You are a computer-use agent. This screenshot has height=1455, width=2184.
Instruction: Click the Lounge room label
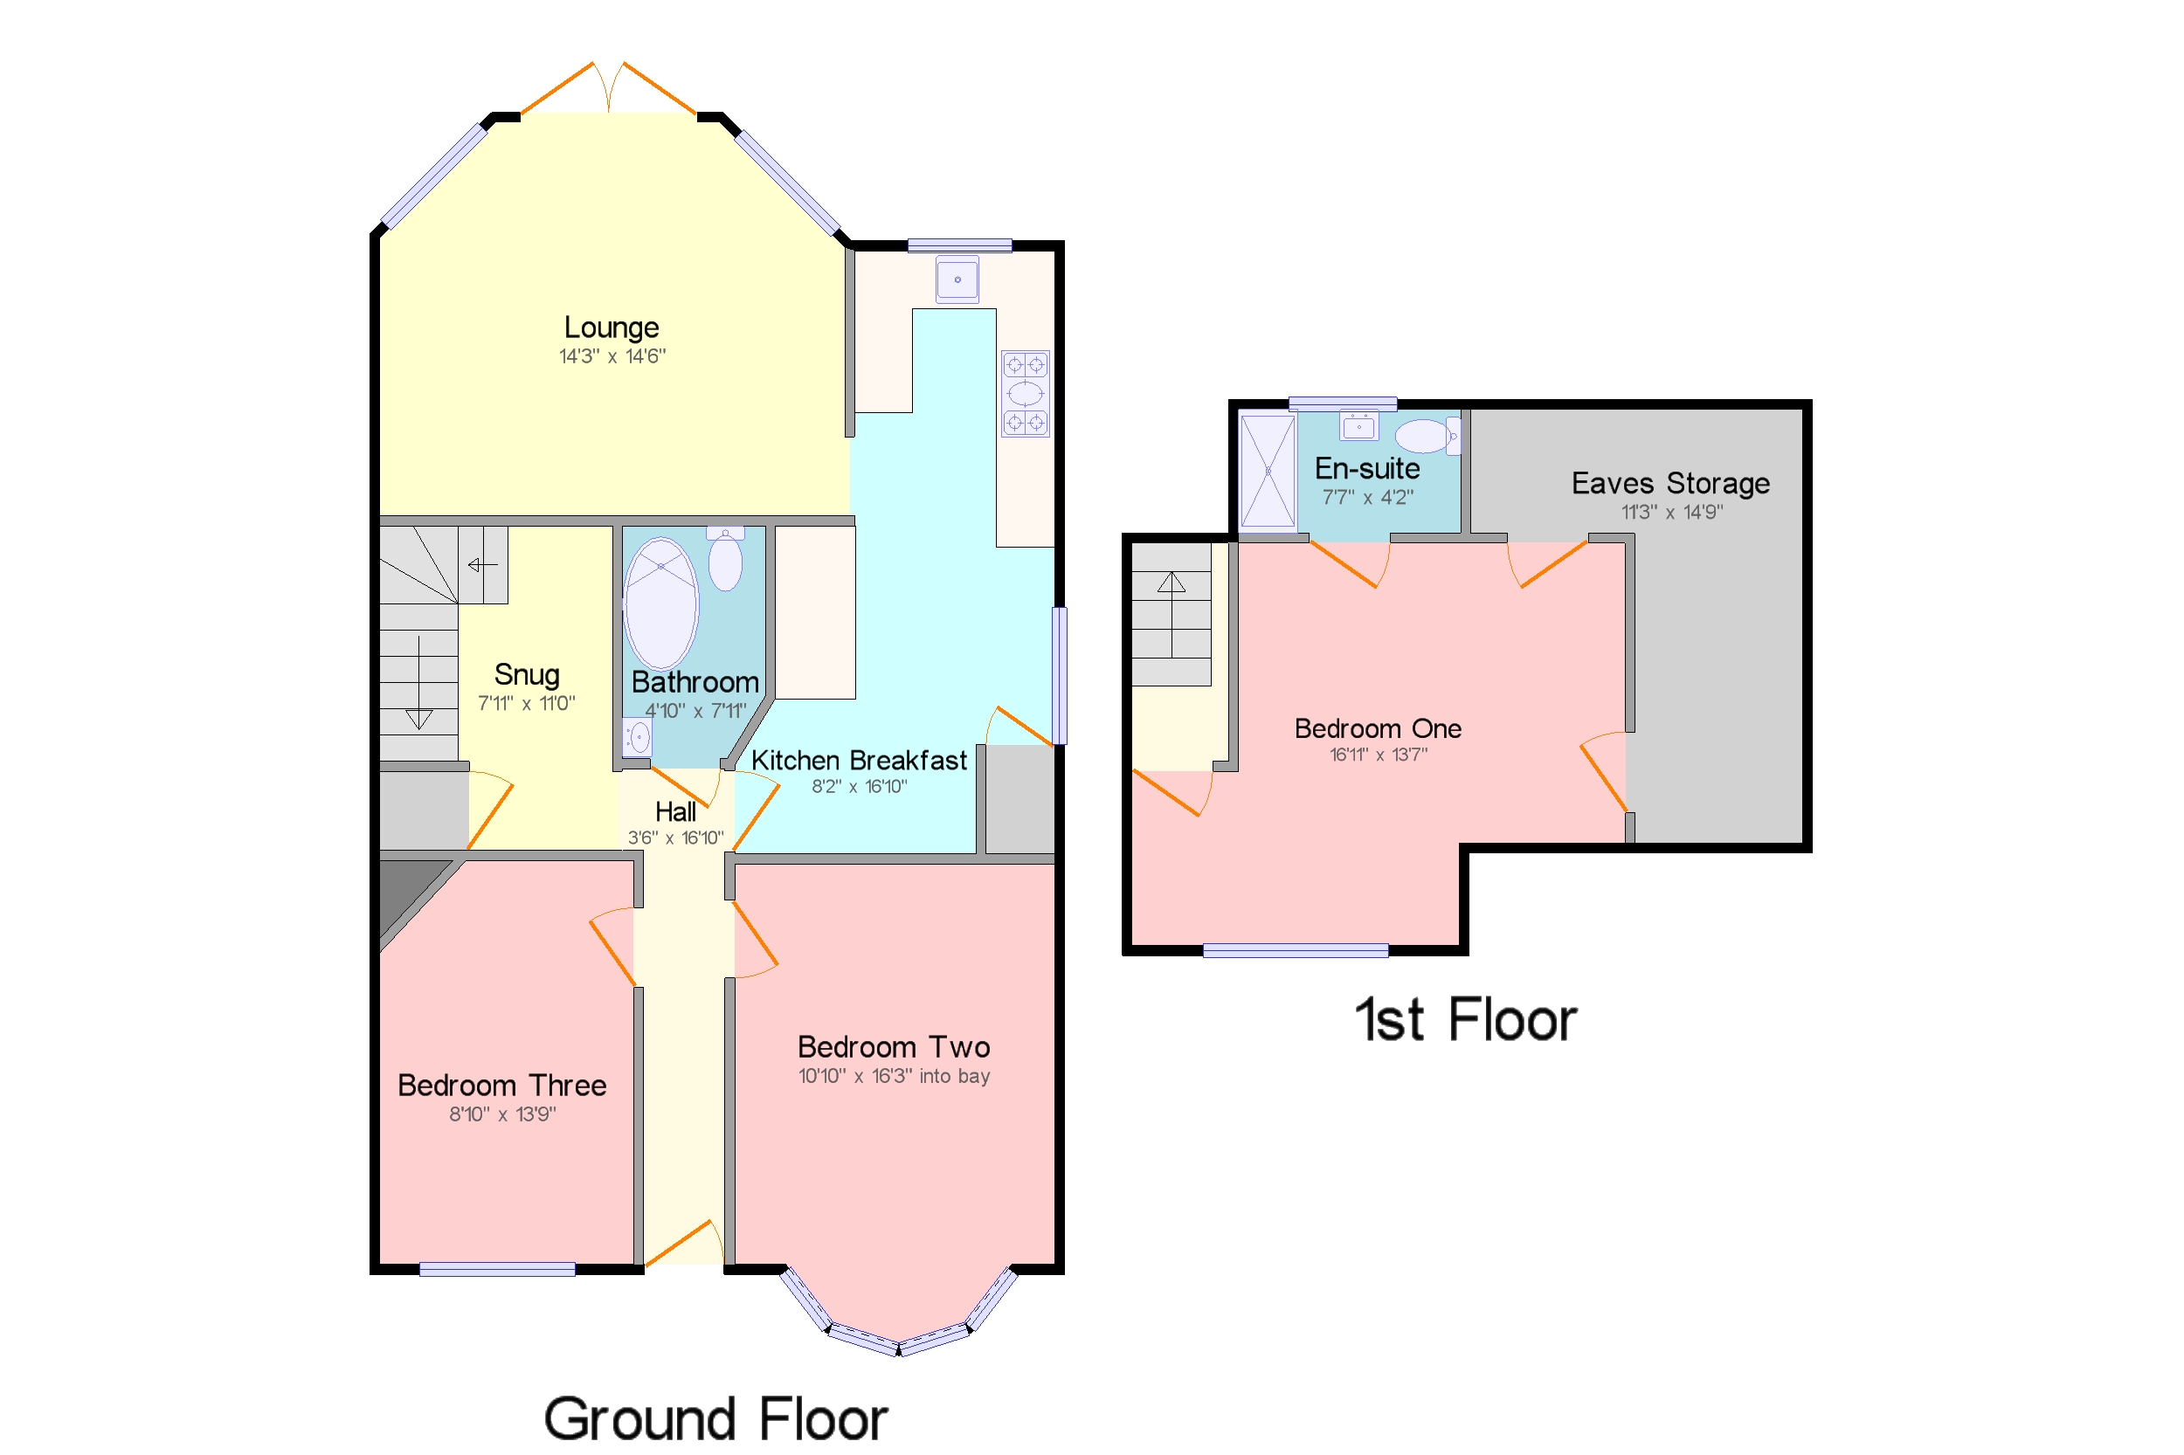click(611, 327)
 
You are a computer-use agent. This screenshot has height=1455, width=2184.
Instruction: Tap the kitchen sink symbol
click(956, 279)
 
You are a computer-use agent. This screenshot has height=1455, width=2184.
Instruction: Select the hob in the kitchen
click(1024, 393)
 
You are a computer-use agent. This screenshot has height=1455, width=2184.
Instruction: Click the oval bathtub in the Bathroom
click(660, 603)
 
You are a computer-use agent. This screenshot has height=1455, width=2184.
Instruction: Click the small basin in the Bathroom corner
click(637, 738)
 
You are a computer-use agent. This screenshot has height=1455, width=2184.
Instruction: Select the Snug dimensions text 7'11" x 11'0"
click(525, 703)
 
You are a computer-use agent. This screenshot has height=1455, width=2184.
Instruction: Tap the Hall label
click(674, 812)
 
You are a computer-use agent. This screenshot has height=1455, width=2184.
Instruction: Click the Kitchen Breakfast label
click(858, 760)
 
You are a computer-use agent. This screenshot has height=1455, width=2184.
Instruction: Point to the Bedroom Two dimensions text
click(893, 1075)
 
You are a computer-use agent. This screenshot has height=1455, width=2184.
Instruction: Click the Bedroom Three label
click(501, 1085)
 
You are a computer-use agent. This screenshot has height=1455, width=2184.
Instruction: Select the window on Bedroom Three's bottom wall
click(496, 1268)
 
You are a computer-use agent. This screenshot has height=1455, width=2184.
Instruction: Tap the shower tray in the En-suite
click(1267, 472)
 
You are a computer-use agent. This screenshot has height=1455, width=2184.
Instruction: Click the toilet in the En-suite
click(1425, 435)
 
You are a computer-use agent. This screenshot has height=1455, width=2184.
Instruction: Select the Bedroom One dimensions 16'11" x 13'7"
click(1378, 755)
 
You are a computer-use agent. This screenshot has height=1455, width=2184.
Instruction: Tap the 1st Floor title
click(1465, 1020)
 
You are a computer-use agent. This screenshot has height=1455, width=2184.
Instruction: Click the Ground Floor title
click(715, 1418)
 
